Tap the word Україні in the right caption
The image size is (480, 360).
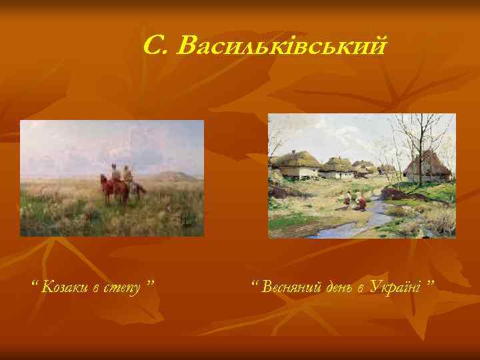click(x=397, y=287)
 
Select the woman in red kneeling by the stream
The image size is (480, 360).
click(x=360, y=201)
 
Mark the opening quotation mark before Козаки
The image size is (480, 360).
click(x=35, y=286)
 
